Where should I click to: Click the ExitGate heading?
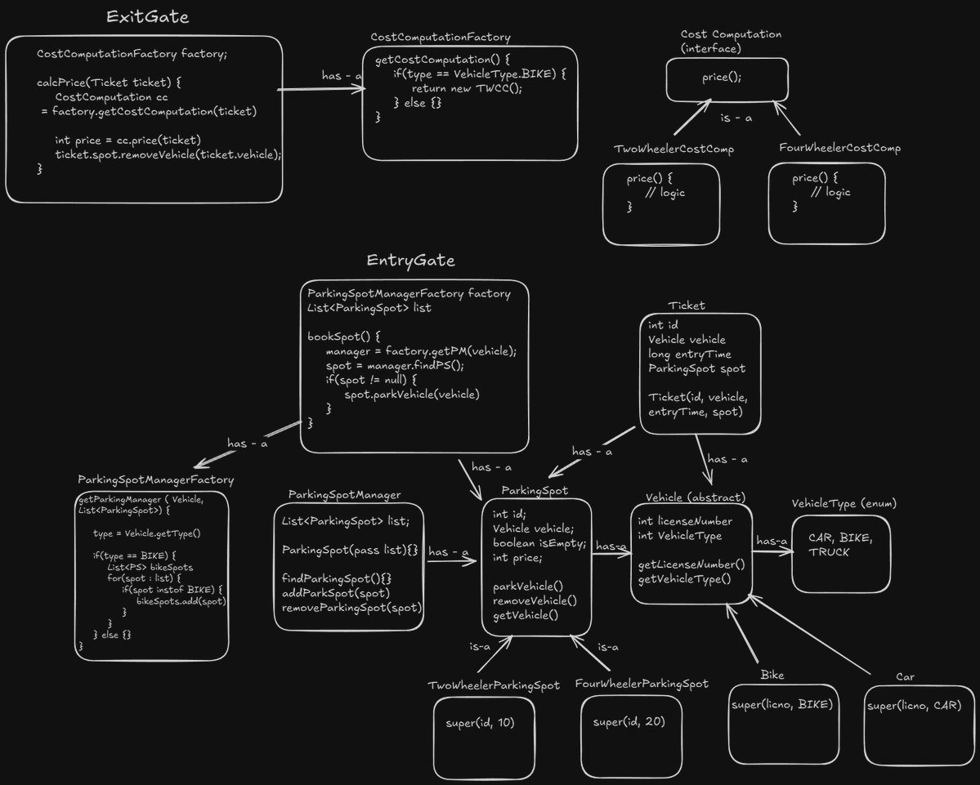[x=148, y=17]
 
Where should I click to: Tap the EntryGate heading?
[x=410, y=261]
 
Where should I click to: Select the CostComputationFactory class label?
[x=441, y=38]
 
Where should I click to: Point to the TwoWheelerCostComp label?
[x=673, y=149]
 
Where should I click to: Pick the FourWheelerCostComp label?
[x=840, y=149]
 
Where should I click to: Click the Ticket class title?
[x=687, y=306]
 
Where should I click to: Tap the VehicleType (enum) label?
[x=844, y=503]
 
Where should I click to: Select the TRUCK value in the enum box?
[x=829, y=552]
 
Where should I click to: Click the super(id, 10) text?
[x=480, y=723]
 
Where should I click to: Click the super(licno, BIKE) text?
[x=781, y=704]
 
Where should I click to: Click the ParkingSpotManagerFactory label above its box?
[x=155, y=480]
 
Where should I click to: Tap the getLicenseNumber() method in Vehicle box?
[x=691, y=564]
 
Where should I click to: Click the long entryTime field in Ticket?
[x=690, y=355]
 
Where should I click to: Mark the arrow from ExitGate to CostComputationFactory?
[x=322, y=89]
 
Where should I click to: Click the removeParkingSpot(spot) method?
[x=351, y=608]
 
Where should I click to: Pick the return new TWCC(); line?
[x=466, y=89]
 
